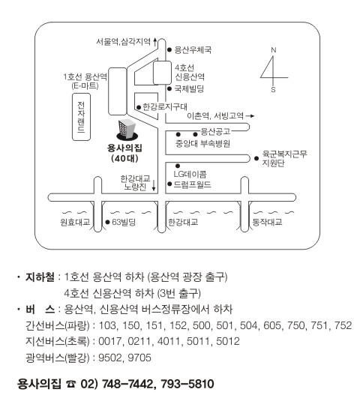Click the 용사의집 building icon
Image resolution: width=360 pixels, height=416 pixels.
(127, 130)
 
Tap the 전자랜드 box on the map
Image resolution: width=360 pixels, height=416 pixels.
(81, 117)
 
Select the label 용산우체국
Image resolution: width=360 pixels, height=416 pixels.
(193, 49)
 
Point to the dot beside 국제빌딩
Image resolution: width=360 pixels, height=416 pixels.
(169, 88)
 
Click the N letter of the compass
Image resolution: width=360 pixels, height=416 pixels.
(274, 50)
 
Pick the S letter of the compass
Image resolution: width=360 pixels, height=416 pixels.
(273, 90)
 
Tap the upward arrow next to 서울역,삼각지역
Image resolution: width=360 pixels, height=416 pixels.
(155, 42)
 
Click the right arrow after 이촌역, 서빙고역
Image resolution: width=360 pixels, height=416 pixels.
(250, 116)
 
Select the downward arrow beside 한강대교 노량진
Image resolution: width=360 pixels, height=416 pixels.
(154, 185)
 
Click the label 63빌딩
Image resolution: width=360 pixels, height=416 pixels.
(124, 222)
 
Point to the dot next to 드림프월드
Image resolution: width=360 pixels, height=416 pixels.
(169, 184)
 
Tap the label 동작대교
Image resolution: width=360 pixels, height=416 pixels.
(267, 222)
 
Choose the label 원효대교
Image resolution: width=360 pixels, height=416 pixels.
(75, 222)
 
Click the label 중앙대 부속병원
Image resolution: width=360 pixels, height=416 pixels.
(202, 143)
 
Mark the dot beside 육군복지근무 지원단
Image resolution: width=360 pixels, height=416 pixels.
(256, 158)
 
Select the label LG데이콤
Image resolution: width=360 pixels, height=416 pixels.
(190, 174)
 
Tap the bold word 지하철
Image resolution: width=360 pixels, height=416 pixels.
(40, 277)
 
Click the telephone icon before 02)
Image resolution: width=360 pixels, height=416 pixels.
(71, 384)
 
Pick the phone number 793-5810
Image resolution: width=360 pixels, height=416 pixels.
(187, 384)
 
